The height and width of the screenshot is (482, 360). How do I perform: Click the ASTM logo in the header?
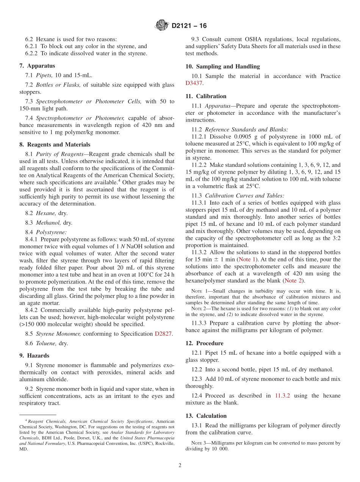[162, 26]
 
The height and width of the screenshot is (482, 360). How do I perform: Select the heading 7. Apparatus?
[37, 66]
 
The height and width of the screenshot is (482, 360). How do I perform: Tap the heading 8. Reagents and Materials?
[55, 145]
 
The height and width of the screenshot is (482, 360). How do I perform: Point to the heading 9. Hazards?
[34, 356]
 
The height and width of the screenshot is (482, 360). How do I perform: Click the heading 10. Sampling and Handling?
[222, 67]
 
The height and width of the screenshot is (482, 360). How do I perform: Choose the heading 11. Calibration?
[206, 96]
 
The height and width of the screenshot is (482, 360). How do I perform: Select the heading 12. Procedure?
[204, 343]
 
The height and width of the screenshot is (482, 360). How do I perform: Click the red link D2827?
[163, 334]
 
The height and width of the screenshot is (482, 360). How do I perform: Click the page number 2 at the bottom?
[180, 466]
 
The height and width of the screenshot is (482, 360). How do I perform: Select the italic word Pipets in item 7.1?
[44, 75]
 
